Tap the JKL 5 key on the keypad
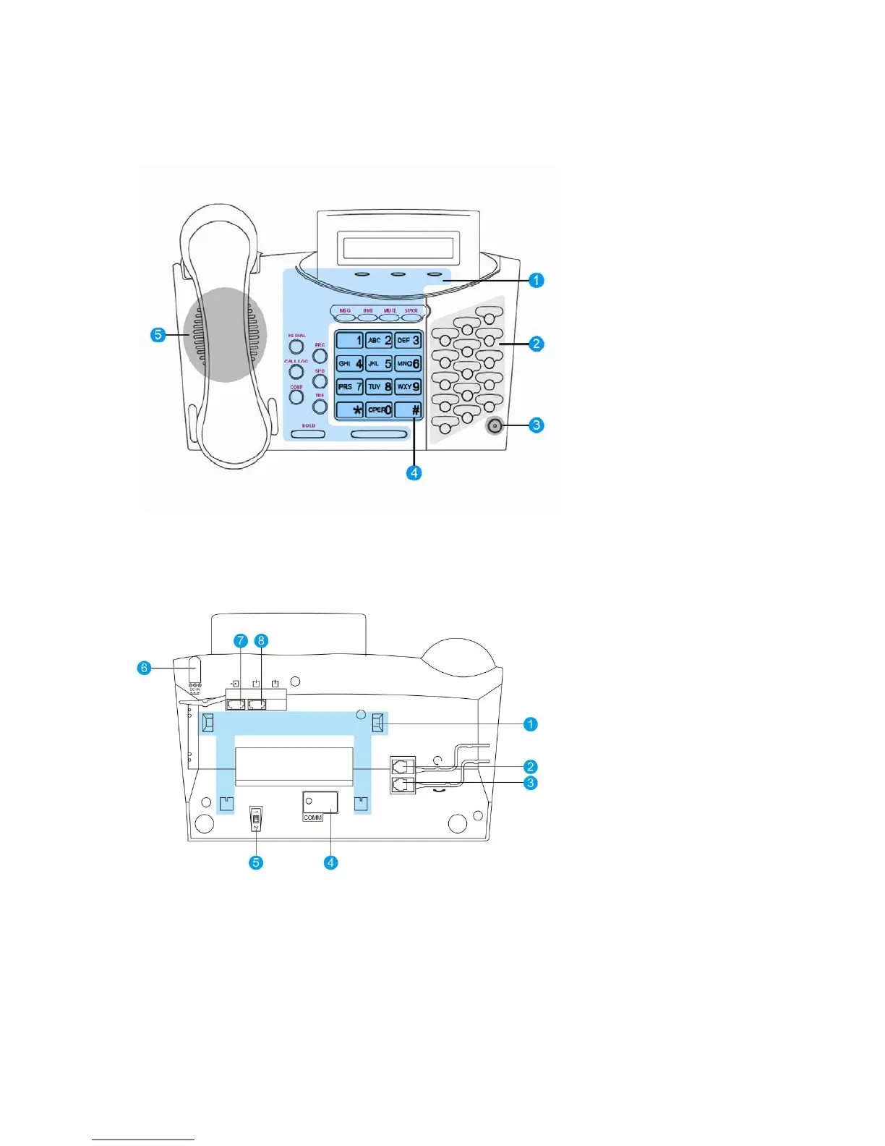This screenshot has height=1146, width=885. pos(379,363)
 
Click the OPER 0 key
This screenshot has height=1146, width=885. pos(379,409)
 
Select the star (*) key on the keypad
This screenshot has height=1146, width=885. pos(350,409)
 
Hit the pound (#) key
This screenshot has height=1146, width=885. pos(409,409)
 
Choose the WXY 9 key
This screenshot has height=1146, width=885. pos(409,386)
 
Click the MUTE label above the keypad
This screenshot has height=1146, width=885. pos(390,310)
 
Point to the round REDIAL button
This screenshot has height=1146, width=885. pos(296,347)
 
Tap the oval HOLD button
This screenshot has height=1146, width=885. pos(309,434)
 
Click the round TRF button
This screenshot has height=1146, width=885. pos(320,407)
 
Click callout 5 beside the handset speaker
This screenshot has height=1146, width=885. pos(158,335)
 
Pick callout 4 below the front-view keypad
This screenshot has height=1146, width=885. pos(414,473)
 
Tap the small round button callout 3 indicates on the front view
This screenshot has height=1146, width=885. pos(495,426)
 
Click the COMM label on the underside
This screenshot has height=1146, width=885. pos(313,818)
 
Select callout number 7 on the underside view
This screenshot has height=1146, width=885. pos(241,641)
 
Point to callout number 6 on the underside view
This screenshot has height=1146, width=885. pos(144,668)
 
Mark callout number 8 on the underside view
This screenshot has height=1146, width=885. pos(262,641)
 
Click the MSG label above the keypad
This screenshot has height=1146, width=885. pos(345,310)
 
